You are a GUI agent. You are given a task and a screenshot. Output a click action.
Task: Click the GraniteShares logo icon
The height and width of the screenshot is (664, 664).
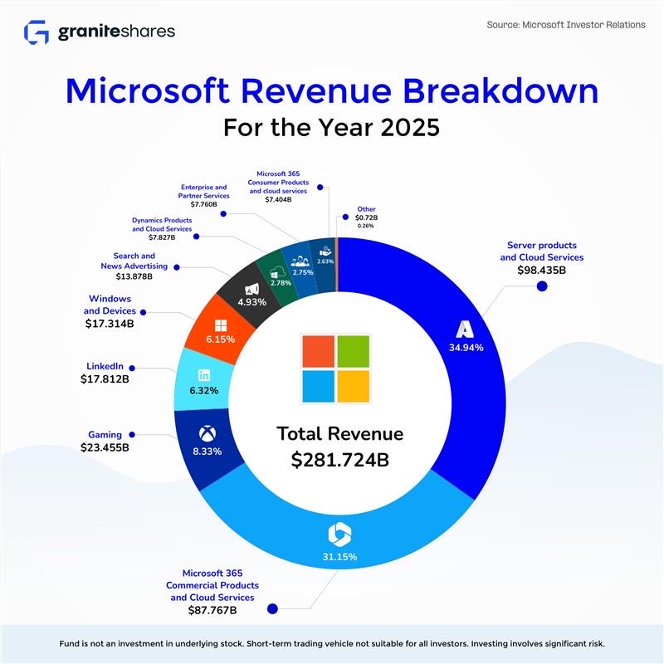[x=37, y=32]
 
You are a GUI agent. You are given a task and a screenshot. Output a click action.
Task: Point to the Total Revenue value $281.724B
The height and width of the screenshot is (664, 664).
[x=340, y=461]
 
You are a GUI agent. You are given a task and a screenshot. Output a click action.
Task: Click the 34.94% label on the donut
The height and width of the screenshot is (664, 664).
[x=466, y=348]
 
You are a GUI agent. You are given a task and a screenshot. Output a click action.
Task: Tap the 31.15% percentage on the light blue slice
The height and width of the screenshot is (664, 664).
[x=339, y=557]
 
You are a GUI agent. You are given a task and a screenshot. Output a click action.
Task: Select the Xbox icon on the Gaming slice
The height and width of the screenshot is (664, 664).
[x=207, y=433]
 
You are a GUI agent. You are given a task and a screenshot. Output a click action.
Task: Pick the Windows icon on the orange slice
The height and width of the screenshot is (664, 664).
[x=221, y=324]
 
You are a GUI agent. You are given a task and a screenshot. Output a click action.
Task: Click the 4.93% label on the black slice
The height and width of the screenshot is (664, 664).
[x=251, y=302]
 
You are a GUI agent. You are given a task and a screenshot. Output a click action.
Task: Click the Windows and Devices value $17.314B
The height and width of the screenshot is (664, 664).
[x=110, y=323]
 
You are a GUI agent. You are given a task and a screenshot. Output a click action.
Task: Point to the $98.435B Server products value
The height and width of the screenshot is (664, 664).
[x=541, y=270]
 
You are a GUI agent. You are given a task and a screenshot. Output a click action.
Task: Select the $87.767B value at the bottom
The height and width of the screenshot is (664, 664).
[x=212, y=610]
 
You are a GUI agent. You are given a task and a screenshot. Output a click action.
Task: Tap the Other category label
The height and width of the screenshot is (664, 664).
[x=366, y=209]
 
